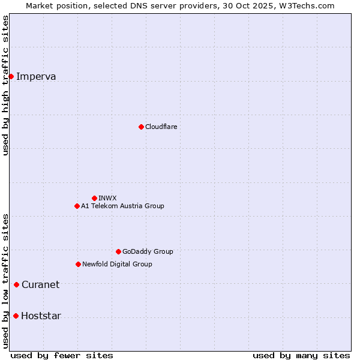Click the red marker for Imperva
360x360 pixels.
[x=11, y=76]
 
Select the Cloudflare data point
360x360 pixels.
[x=141, y=127]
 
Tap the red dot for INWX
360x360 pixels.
[x=94, y=198]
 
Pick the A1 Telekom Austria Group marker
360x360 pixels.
[x=77, y=206]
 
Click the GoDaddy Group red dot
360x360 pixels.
[x=118, y=251]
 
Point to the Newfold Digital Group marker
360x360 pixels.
[x=78, y=264]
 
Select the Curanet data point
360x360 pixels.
[x=16, y=284]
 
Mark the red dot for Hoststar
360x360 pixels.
[x=16, y=316]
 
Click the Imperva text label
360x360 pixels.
[x=36, y=76]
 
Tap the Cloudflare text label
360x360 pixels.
[x=161, y=127]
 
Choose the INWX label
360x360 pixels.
[x=108, y=198]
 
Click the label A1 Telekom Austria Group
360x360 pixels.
[x=122, y=206]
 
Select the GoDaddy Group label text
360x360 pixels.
[x=148, y=251]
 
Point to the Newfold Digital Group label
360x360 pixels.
[x=117, y=264]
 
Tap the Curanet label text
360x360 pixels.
[x=40, y=284]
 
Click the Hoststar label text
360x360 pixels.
[x=41, y=316]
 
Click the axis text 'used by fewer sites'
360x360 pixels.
[x=62, y=355]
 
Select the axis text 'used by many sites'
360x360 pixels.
[x=301, y=355]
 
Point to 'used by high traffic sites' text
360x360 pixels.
[x=5, y=85]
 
